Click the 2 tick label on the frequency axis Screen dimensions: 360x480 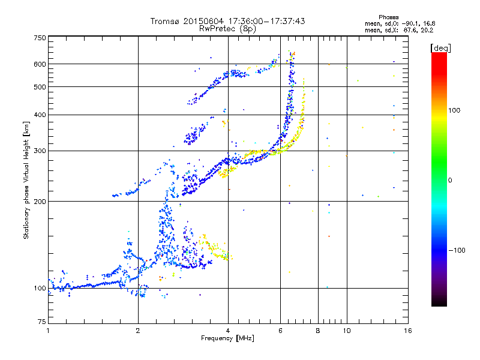point(138,331)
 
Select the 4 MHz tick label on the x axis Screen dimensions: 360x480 point(228,331)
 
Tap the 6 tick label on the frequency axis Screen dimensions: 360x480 point(280,331)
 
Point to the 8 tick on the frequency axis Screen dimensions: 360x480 point(318,331)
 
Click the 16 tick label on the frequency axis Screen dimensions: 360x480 point(407,331)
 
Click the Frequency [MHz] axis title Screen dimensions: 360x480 point(227,338)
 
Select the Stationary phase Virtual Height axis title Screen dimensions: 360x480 point(26,180)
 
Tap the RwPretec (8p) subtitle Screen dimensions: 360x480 point(228,28)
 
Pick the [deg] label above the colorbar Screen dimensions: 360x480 point(441,47)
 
